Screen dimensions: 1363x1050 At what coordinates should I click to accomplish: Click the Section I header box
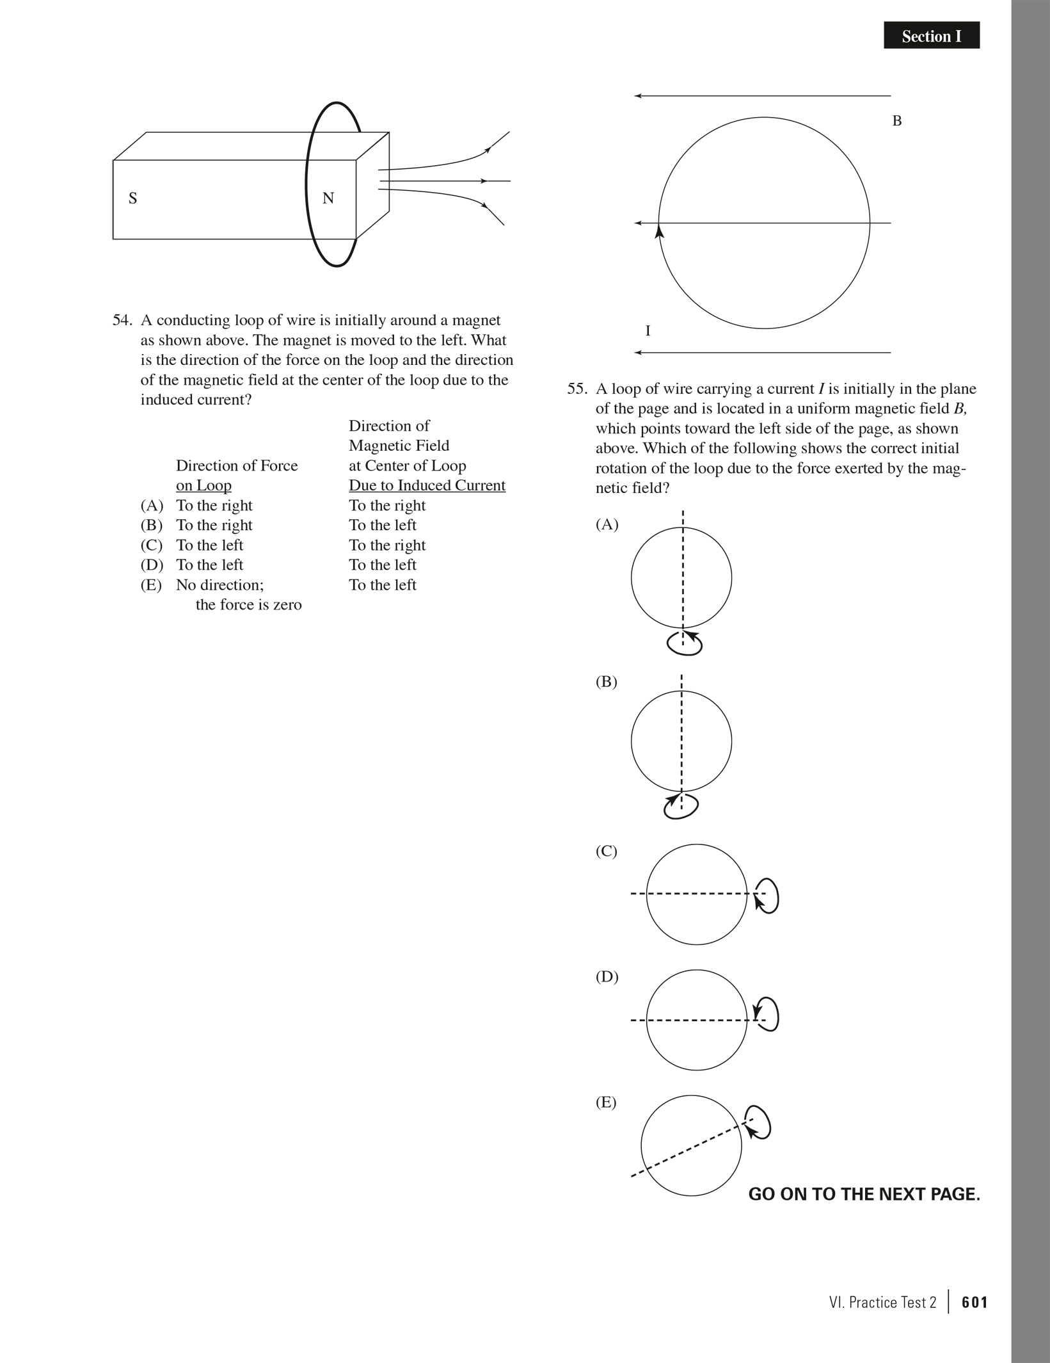pyautogui.click(x=931, y=36)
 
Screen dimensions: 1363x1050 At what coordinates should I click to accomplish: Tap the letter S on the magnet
pyautogui.click(x=133, y=198)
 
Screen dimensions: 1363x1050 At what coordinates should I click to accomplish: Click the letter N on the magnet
pyautogui.click(x=328, y=198)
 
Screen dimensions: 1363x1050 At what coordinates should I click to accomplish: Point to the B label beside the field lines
pyautogui.click(x=897, y=121)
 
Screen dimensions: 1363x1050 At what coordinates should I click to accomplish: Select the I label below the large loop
pyautogui.click(x=648, y=331)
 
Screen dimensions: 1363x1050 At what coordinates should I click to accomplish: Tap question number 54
pyautogui.click(x=122, y=320)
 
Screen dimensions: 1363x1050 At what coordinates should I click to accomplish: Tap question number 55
pyautogui.click(x=577, y=389)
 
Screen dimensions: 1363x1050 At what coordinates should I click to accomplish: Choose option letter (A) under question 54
pyautogui.click(x=152, y=506)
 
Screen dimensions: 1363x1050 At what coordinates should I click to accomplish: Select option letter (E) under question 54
pyautogui.click(x=152, y=585)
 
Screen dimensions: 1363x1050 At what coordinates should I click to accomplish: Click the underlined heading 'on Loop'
pyautogui.click(x=203, y=485)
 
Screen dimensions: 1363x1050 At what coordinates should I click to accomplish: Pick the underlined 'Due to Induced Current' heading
pyautogui.click(x=427, y=485)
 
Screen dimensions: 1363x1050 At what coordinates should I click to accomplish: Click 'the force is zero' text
pyautogui.click(x=248, y=605)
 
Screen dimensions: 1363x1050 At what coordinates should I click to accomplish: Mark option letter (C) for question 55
pyautogui.click(x=607, y=851)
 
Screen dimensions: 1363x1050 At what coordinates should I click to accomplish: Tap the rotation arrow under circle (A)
pyautogui.click(x=685, y=643)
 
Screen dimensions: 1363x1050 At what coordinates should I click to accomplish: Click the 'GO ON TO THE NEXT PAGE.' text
pyautogui.click(x=864, y=1195)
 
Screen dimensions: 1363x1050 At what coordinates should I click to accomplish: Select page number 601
pyautogui.click(x=974, y=1302)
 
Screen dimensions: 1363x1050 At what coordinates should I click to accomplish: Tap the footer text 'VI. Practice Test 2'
pyautogui.click(x=882, y=1302)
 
